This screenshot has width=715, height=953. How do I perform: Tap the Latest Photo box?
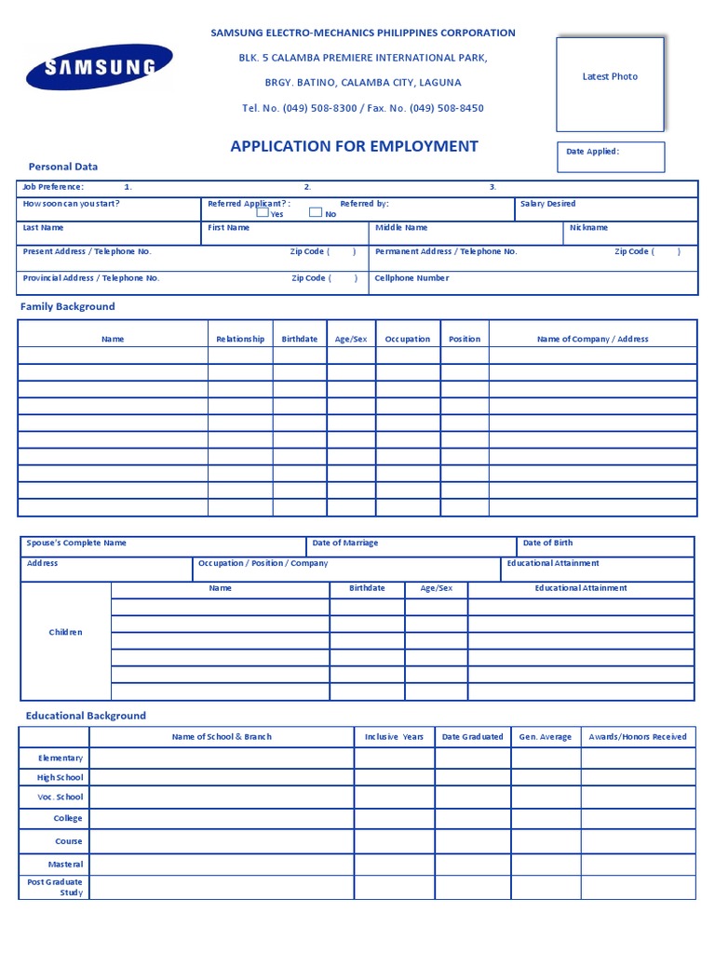pos(610,84)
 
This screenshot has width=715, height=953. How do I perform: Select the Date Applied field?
pos(610,156)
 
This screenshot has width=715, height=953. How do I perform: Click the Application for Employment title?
pos(354,146)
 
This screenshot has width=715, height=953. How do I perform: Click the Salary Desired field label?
pos(548,204)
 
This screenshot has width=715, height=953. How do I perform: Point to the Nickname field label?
pos(588,228)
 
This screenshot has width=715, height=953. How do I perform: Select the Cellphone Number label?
pos(411,278)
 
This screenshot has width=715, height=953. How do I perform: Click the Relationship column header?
pos(240,340)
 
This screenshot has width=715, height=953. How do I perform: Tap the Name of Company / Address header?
pos(592,340)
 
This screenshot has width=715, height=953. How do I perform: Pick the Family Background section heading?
pos(68,306)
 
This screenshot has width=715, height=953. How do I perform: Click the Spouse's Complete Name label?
pos(76,544)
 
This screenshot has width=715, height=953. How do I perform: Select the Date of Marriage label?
pos(345,544)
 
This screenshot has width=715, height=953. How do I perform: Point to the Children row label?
pos(65,633)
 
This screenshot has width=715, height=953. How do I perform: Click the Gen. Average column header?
pos(546,737)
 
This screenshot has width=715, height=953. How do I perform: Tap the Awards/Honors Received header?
pos(638,737)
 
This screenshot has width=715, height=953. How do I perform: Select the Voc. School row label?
pos(61,798)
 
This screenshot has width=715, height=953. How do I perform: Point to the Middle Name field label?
pos(401,228)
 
